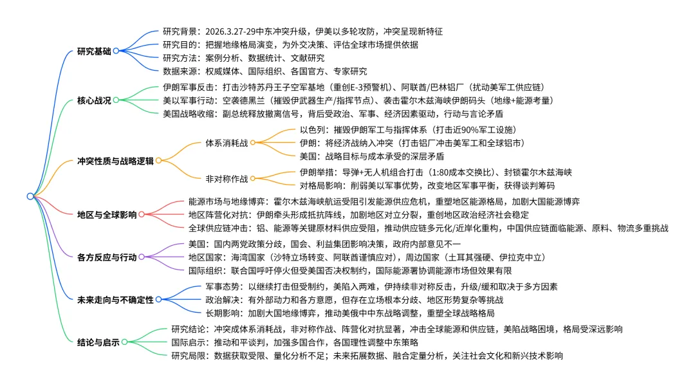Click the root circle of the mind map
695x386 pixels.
tap(31, 196)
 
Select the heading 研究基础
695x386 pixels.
tap(93, 51)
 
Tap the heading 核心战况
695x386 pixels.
tap(93, 100)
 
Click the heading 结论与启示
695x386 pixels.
tap(97, 342)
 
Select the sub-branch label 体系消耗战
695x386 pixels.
tap(227, 142)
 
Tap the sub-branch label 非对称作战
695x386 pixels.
tap(227, 178)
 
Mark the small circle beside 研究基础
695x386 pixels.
tap(116, 51)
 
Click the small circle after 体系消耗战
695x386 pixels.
tap(253, 142)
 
